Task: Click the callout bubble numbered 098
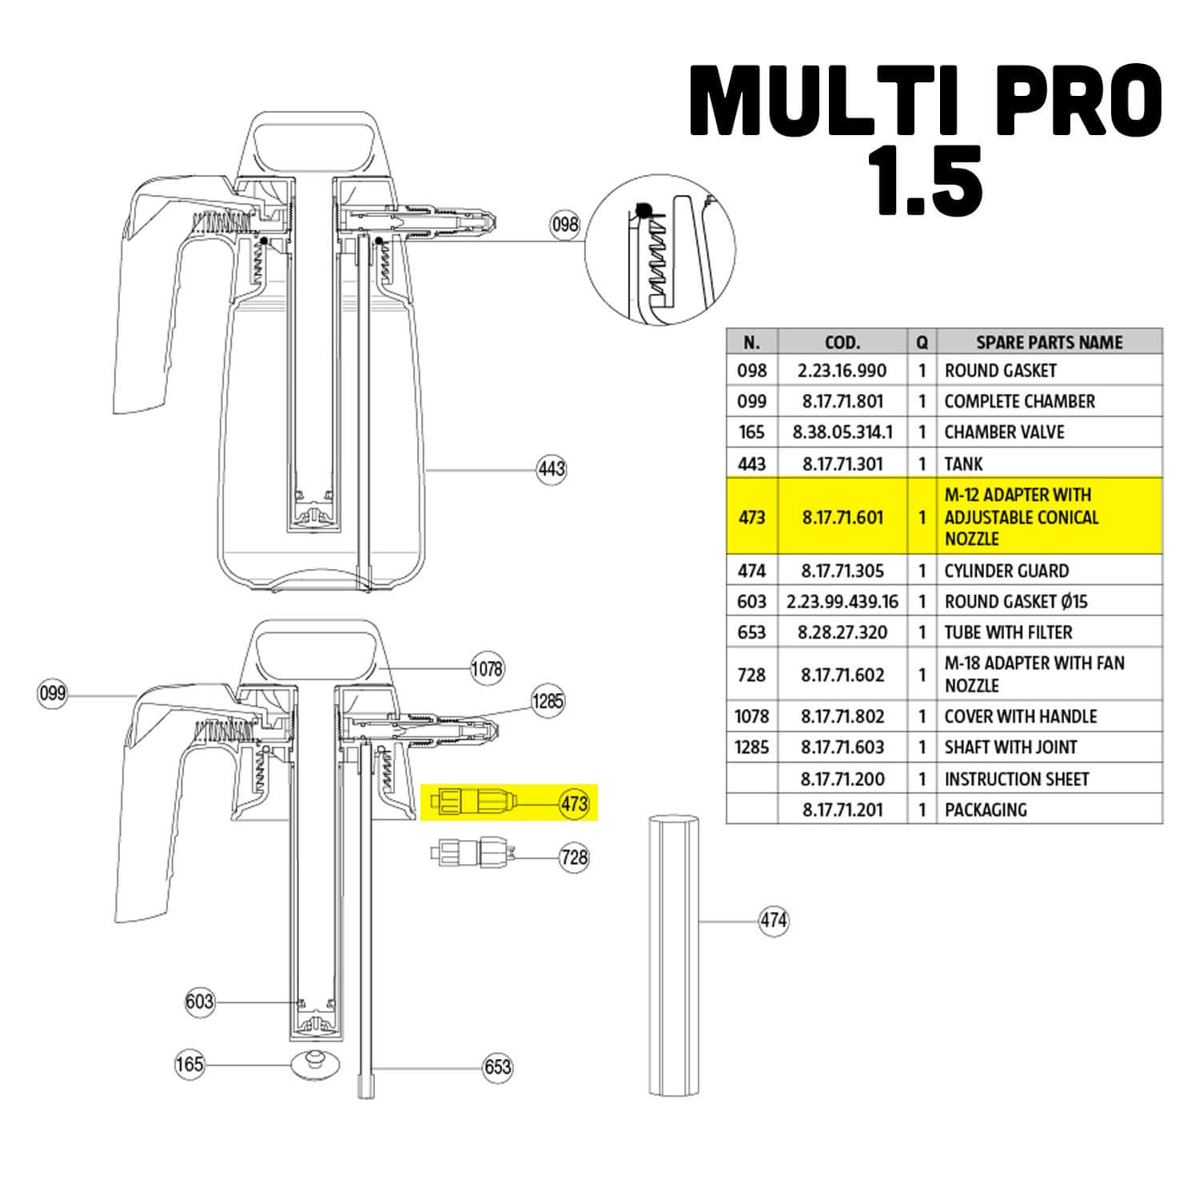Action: pyautogui.click(x=564, y=225)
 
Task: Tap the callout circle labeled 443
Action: pyautogui.click(x=552, y=468)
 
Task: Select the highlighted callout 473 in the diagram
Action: pyautogui.click(x=574, y=804)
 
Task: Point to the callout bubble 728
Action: pyautogui.click(x=574, y=858)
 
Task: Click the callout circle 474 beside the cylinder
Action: pyautogui.click(x=773, y=921)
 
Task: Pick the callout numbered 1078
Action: pyautogui.click(x=486, y=668)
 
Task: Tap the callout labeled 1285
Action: pyautogui.click(x=548, y=702)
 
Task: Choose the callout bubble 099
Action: pyautogui.click(x=52, y=693)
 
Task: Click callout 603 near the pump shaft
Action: pyautogui.click(x=199, y=1002)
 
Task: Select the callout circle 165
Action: pyautogui.click(x=190, y=1065)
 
